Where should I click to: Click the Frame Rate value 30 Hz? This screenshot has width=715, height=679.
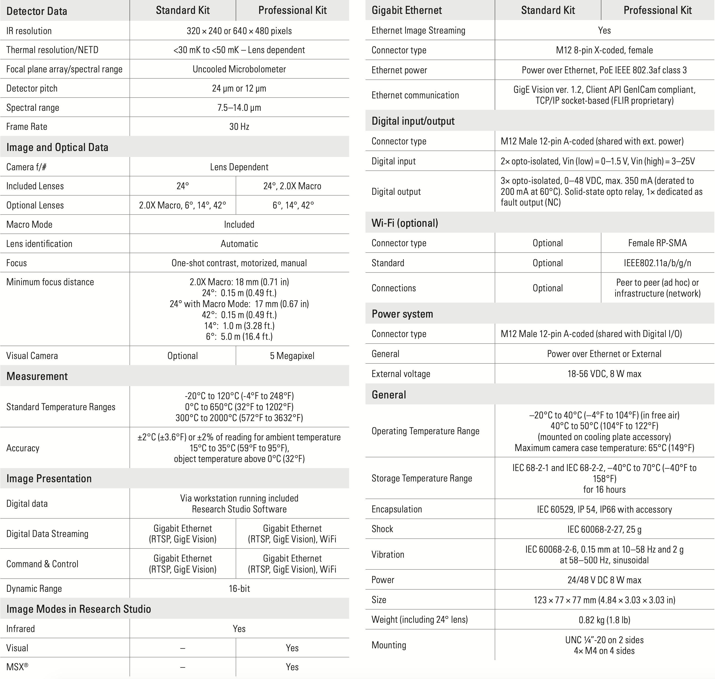click(239, 127)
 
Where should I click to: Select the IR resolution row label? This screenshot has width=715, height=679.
click(29, 31)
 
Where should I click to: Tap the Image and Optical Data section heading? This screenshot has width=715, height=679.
click(57, 147)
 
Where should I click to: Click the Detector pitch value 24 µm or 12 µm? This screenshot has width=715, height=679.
click(239, 88)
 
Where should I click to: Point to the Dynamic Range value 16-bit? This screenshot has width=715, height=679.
click(239, 588)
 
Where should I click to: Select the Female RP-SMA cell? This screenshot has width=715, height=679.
click(657, 243)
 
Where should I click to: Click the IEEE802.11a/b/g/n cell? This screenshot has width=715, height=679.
click(657, 263)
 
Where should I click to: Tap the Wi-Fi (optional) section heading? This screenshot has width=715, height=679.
click(405, 223)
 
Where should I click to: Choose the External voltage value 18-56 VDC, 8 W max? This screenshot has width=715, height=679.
click(604, 374)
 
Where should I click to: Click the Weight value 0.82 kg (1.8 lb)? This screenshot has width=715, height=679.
click(604, 620)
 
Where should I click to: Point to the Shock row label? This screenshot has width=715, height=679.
click(382, 529)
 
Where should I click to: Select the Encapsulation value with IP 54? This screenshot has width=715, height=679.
click(604, 509)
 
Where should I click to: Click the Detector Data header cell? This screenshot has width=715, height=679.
click(37, 11)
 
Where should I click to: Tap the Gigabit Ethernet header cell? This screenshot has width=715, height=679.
click(406, 10)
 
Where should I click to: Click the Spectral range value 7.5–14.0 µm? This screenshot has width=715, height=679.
click(239, 107)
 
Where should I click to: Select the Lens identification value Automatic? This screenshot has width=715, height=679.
click(239, 244)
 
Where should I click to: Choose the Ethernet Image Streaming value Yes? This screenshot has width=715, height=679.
click(604, 30)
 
